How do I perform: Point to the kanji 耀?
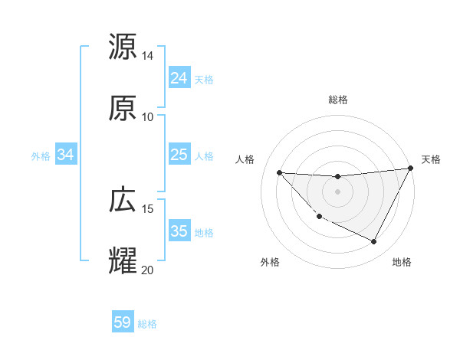click(x=123, y=260)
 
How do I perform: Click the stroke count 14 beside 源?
click(x=148, y=56)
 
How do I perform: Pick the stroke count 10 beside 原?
click(x=148, y=116)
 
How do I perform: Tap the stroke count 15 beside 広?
click(x=148, y=208)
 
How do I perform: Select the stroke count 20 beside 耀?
click(x=148, y=270)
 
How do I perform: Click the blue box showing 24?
click(x=179, y=78)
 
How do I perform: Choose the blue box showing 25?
click(x=179, y=155)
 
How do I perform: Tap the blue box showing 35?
click(x=179, y=231)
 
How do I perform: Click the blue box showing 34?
click(x=66, y=155)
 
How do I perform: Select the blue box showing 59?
click(x=123, y=322)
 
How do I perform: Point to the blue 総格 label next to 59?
click(x=147, y=324)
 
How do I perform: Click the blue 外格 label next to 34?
click(x=41, y=156)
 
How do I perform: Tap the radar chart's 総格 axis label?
click(x=338, y=100)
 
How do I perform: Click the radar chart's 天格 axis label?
click(x=431, y=159)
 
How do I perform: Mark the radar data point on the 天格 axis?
click(x=410, y=169)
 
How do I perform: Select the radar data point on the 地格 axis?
click(x=374, y=242)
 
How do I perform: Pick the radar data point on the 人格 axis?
click(x=279, y=172)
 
